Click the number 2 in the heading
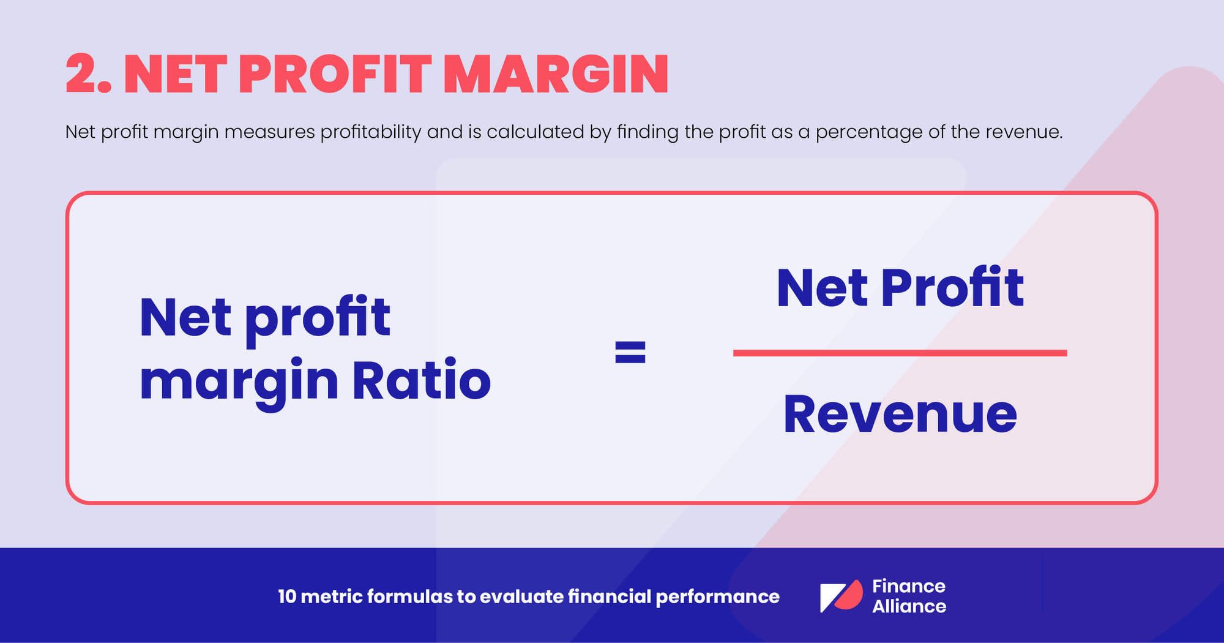pos(82,75)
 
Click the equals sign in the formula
pos(630,352)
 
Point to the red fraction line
pos(900,353)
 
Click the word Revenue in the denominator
pos(900,415)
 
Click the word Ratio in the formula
pos(421,380)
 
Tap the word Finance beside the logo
pos(909,586)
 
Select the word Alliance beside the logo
pos(909,606)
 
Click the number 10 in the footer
pos(286,596)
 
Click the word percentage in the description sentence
pos(868,132)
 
